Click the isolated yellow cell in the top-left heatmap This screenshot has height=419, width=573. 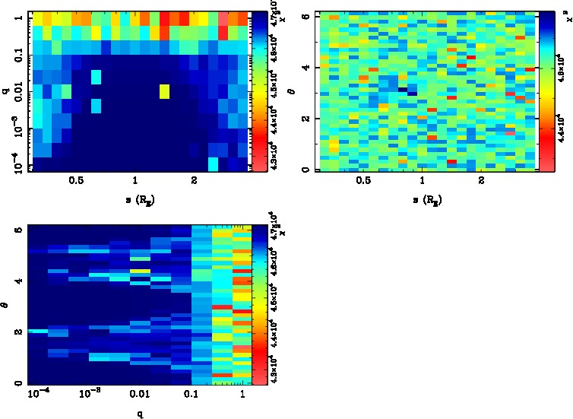point(164,92)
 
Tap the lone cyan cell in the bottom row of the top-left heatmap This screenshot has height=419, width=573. point(214,163)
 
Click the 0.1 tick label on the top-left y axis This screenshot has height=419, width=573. point(17,55)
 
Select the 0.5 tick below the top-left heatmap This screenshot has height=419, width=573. point(75,181)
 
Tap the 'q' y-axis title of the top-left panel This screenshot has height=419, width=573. point(6,90)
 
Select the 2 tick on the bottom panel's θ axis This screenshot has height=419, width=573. point(17,332)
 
